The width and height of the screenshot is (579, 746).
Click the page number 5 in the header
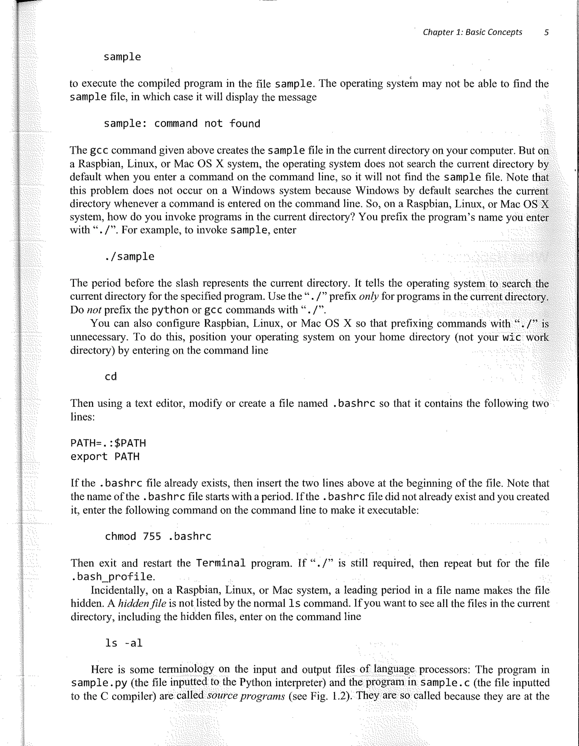coord(546,32)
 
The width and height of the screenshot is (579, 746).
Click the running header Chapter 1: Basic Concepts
coord(472,32)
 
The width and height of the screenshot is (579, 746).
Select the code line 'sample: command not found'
coord(182,124)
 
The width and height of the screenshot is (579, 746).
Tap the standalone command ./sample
coord(129,257)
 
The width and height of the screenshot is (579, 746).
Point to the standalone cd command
coord(111,377)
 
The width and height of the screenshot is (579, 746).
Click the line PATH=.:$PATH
coord(108,443)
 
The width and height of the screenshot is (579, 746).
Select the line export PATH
coord(105,457)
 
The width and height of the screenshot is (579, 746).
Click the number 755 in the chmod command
coord(152,536)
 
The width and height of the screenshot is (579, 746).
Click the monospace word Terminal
coord(221,563)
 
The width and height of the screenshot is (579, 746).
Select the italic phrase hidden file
coord(142,604)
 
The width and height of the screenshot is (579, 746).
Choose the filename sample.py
coord(99,683)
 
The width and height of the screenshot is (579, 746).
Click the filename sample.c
coord(445,682)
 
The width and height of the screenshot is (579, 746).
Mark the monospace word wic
coord(512,337)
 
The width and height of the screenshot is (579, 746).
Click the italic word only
coord(368,296)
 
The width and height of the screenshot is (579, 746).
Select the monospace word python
coord(170,310)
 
